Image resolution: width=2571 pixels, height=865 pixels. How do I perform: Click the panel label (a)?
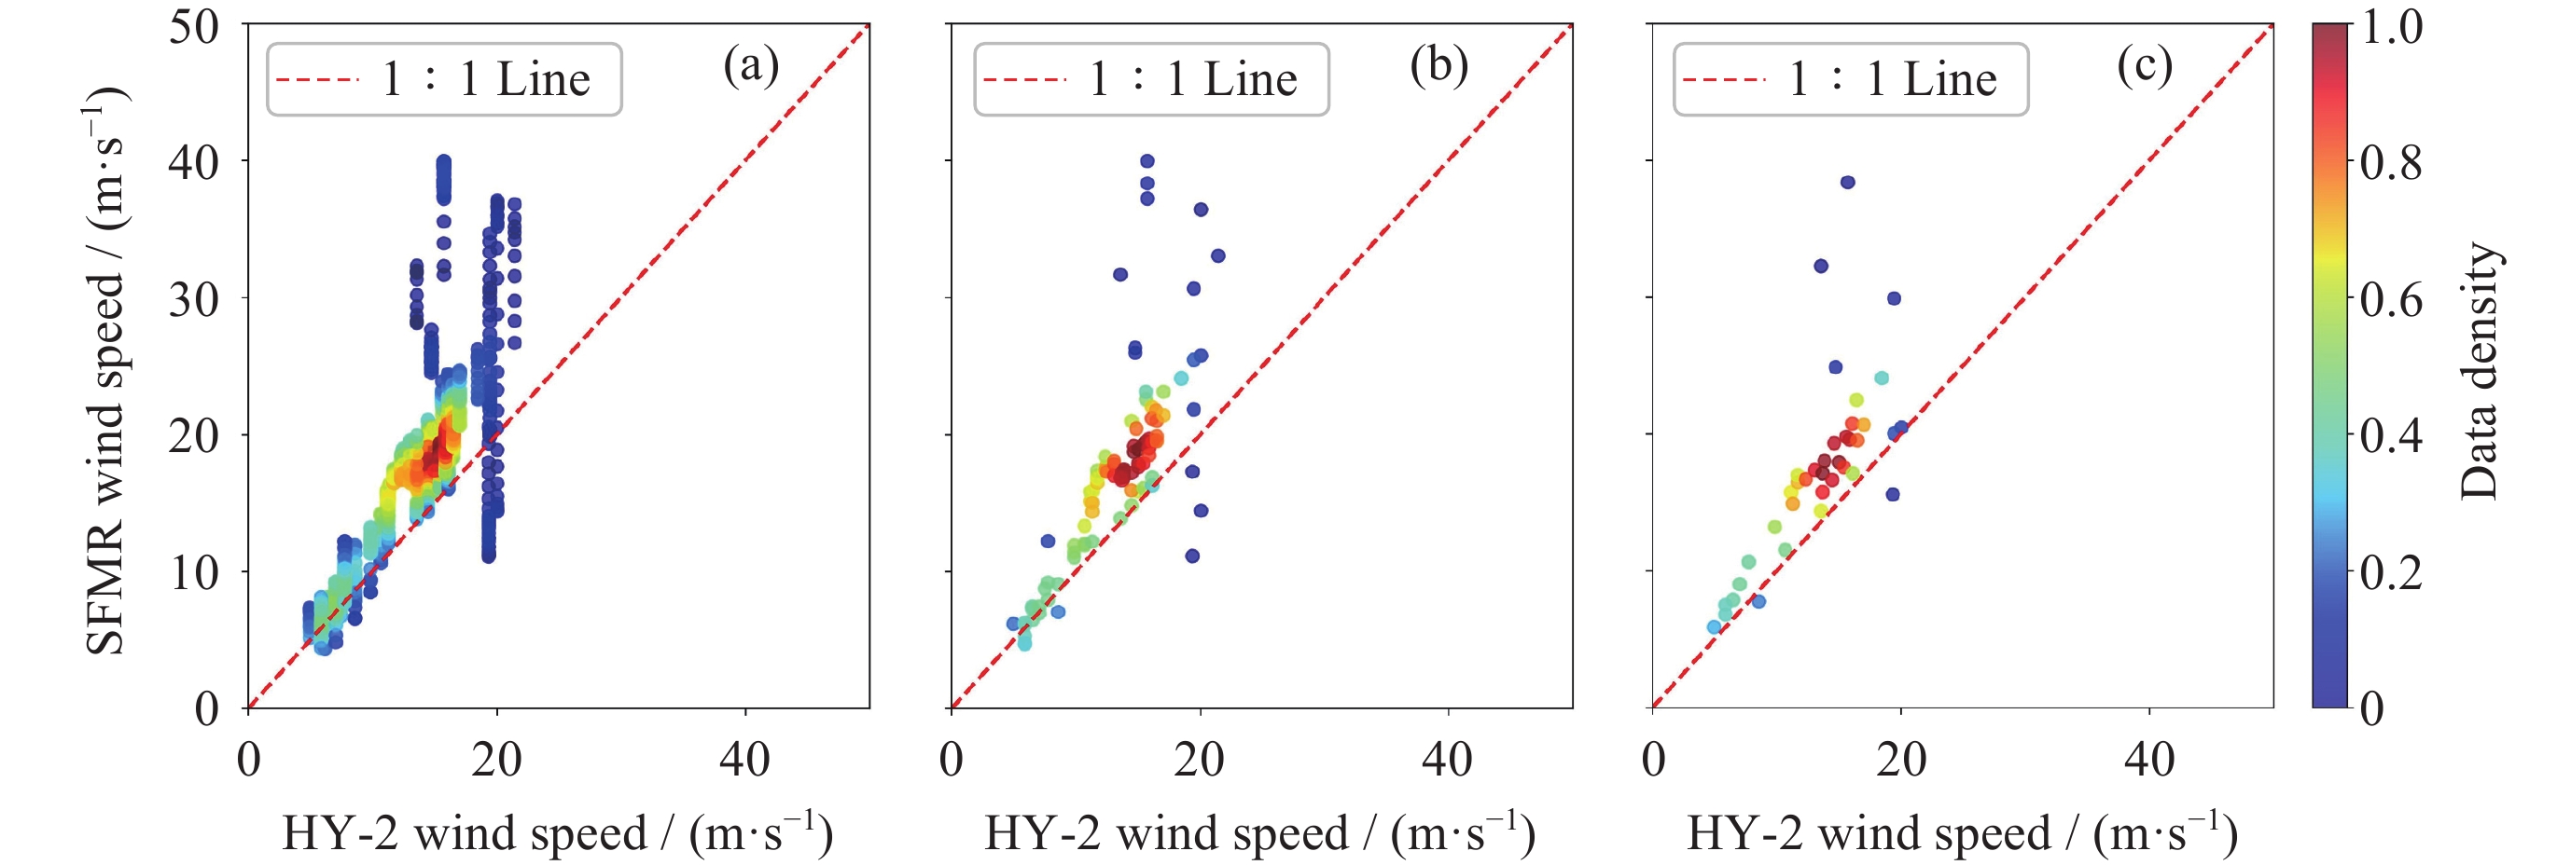click(x=751, y=66)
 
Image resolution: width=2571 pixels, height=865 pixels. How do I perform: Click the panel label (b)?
click(x=1438, y=66)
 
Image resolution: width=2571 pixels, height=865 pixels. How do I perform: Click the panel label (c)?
click(x=2144, y=66)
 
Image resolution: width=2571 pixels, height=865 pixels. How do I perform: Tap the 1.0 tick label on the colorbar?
click(x=2391, y=26)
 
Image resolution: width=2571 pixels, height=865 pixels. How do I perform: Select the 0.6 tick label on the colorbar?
click(x=2391, y=298)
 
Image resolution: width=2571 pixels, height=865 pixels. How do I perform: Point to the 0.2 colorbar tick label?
click(x=2391, y=572)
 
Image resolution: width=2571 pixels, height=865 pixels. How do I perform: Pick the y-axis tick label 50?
click(x=194, y=26)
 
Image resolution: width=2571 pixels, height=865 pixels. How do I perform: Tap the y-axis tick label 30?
click(x=194, y=298)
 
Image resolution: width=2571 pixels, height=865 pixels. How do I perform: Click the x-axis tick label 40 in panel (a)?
click(x=744, y=761)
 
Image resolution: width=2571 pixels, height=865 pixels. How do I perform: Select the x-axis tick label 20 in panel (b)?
click(x=1199, y=761)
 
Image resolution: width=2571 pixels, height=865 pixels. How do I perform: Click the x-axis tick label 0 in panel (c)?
click(x=1654, y=761)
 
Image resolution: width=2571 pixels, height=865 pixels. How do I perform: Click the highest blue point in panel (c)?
click(x=1847, y=183)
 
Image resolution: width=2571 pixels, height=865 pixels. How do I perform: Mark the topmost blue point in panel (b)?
click(x=1147, y=161)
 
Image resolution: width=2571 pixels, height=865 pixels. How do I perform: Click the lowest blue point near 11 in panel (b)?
click(x=1191, y=556)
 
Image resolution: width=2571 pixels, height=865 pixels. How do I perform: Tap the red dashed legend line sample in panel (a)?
click(x=317, y=80)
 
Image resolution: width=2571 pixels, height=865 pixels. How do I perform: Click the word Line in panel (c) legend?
click(x=1951, y=80)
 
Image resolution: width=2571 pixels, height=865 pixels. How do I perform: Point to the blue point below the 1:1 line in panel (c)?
click(x=1892, y=495)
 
